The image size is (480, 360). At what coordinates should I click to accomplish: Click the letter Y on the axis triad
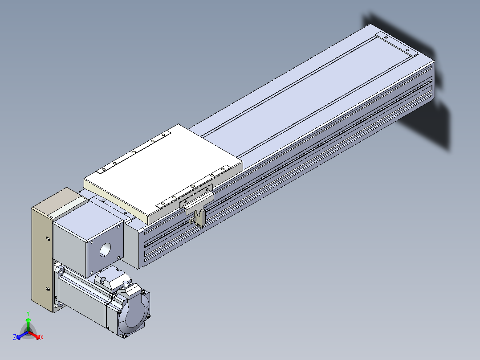tap(28, 313)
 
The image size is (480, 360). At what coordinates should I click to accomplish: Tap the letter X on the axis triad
tap(42, 337)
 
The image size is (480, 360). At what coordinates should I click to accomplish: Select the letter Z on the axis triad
tap(15, 337)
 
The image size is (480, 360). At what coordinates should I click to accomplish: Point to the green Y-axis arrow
tap(28, 324)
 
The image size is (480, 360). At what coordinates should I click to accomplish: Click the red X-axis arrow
tap(35, 335)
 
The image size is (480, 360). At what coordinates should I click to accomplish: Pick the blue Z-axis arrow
tap(22, 335)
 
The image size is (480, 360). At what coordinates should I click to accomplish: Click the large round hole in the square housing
tap(105, 250)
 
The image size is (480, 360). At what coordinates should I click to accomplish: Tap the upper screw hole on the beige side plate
tap(48, 238)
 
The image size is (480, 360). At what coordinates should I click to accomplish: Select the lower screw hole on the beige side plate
tap(48, 289)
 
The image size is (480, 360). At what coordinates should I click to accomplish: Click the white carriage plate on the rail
tap(163, 173)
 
